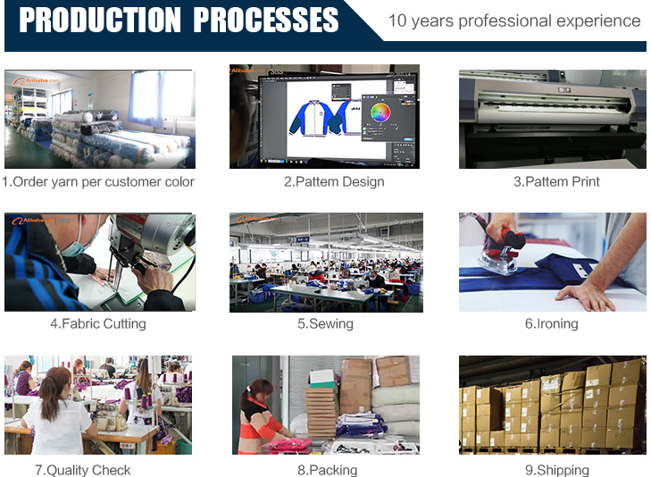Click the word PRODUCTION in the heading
(x=100, y=20)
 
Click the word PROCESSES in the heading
(x=266, y=20)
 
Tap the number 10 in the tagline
(x=397, y=21)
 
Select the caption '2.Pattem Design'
(x=334, y=181)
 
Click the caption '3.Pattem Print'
(x=556, y=181)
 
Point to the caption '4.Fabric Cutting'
(x=98, y=323)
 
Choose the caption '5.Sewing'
(x=325, y=323)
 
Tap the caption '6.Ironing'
(x=551, y=323)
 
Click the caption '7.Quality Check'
(x=83, y=470)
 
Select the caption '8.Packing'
(x=327, y=470)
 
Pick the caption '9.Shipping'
(x=557, y=470)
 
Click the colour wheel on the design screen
(x=380, y=112)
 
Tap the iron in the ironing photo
(x=502, y=253)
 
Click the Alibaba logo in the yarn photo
(x=36, y=80)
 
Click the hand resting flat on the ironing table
(x=586, y=296)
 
